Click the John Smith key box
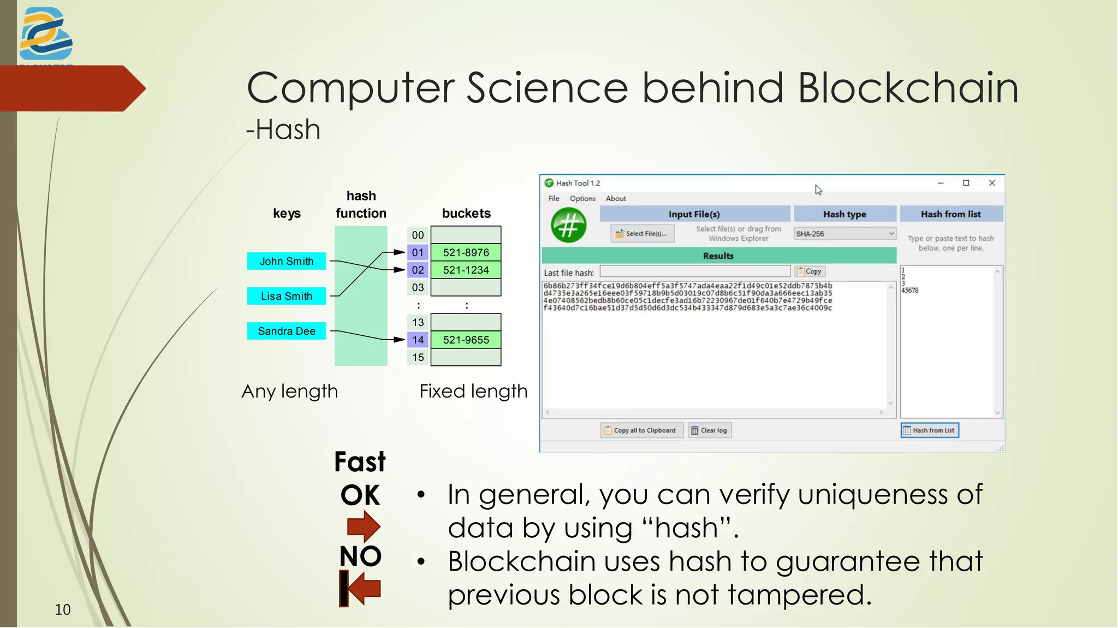tap(286, 261)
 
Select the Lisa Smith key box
tap(286, 296)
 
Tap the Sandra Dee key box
tap(286, 331)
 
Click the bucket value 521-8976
tap(466, 252)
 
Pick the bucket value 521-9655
tap(466, 340)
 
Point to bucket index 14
tap(418, 340)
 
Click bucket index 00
tap(418, 235)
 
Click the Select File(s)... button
tap(642, 234)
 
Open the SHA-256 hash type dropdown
tap(845, 234)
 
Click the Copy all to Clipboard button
tap(642, 430)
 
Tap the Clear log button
tap(710, 430)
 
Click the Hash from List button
tap(930, 430)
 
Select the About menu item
tap(615, 198)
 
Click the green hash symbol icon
tap(568, 225)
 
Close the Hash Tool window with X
tap(992, 183)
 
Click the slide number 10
tap(63, 609)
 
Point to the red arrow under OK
tap(363, 526)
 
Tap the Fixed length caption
tap(473, 391)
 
